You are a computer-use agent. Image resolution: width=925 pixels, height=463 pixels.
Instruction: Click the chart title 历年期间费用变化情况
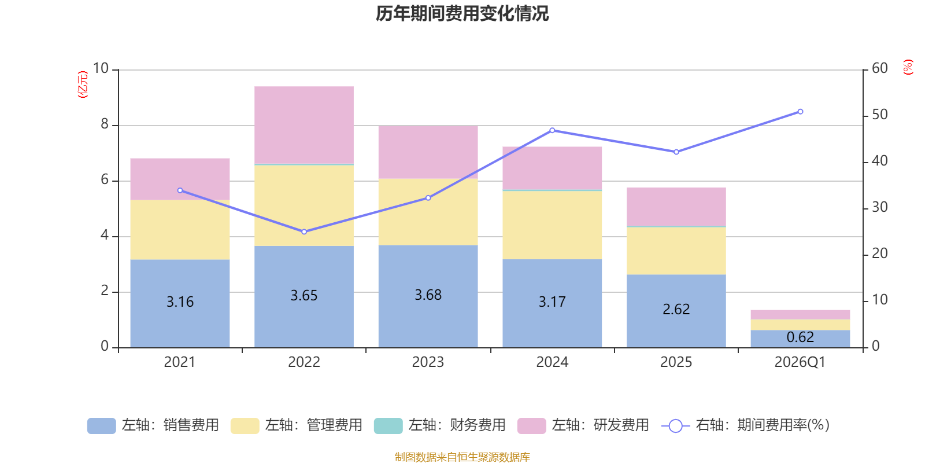(462, 13)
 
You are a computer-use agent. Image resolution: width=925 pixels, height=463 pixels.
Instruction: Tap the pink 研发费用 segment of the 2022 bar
(304, 124)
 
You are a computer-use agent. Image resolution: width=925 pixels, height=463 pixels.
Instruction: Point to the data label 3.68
(428, 295)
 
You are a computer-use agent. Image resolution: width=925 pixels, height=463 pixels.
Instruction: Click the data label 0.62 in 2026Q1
(800, 337)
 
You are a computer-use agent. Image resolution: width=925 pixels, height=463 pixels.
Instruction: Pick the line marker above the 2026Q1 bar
(800, 112)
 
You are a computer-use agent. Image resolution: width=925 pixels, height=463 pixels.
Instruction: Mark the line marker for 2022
(304, 231)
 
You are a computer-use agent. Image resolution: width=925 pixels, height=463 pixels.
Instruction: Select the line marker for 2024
(552, 130)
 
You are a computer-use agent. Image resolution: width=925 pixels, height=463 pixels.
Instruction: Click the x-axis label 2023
(428, 362)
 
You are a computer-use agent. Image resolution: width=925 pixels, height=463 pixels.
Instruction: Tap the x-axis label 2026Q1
(800, 362)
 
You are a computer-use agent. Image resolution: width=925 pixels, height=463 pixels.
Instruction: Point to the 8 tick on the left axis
(105, 124)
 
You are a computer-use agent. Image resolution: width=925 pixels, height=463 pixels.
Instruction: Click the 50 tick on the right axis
(879, 115)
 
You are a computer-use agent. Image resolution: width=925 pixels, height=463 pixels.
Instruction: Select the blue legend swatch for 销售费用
(101, 426)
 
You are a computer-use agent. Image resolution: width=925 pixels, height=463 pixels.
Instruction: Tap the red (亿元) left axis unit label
(83, 84)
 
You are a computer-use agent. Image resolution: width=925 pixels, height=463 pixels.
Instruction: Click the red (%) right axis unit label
(908, 67)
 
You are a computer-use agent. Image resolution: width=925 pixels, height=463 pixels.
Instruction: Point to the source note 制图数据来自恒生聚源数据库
(462, 457)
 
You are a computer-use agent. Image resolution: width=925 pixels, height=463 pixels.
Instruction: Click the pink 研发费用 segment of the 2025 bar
(676, 206)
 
